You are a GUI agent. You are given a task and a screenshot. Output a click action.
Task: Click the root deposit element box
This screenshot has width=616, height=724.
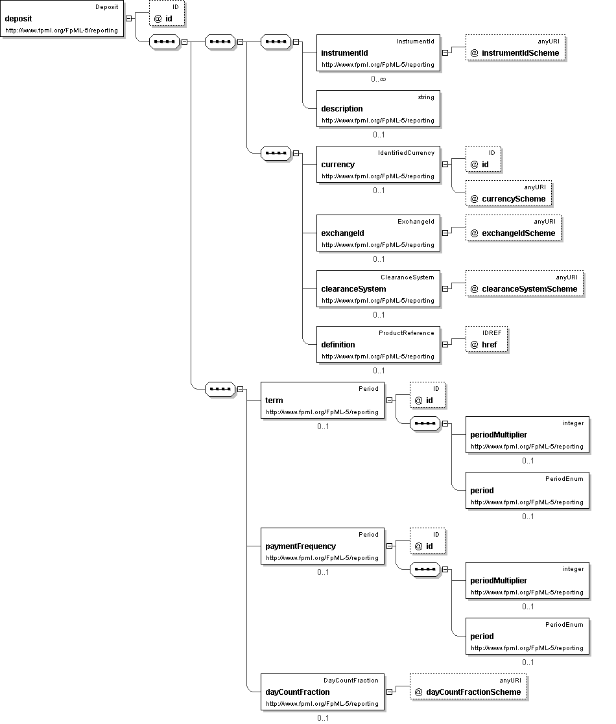click(x=62, y=18)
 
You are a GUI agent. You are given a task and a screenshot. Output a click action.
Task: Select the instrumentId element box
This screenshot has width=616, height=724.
click(x=378, y=53)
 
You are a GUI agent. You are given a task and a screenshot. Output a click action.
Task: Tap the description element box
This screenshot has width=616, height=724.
click(x=378, y=108)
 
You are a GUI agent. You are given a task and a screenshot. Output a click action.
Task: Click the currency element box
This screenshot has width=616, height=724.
click(x=378, y=165)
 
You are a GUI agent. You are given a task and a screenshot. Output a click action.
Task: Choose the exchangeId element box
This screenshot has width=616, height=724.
click(x=378, y=233)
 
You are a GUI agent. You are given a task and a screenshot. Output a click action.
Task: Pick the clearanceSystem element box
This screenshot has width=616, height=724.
click(x=378, y=289)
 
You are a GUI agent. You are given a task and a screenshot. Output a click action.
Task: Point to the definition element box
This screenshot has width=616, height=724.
click(x=378, y=344)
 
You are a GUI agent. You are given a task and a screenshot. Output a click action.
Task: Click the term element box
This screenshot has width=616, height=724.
click(x=322, y=401)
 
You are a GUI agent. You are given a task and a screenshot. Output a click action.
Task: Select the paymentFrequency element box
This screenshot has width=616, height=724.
click(x=322, y=546)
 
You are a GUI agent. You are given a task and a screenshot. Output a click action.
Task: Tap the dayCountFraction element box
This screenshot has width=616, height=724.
click(x=322, y=692)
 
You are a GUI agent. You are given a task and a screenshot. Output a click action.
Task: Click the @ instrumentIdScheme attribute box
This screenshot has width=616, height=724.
click(x=515, y=47)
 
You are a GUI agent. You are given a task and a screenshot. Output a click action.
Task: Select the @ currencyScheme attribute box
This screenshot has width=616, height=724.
click(x=508, y=193)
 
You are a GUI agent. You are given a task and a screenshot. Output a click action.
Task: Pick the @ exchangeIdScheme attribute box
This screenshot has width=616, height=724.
click(x=514, y=228)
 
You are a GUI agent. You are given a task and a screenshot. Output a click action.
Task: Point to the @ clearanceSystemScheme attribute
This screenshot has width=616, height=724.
click(x=525, y=283)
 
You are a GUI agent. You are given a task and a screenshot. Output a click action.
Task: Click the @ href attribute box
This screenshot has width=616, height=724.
click(x=486, y=340)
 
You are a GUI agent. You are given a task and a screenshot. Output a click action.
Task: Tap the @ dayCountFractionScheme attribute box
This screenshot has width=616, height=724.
click(x=468, y=686)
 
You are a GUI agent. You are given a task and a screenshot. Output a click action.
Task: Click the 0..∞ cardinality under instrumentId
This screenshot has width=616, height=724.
click(x=378, y=79)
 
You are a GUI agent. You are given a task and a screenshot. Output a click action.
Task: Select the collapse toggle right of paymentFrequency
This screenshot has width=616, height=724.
click(x=389, y=546)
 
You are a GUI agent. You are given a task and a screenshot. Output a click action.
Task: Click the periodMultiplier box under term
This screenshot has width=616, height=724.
click(x=527, y=435)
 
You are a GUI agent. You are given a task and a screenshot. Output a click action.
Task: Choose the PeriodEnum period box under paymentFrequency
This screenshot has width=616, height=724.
click(x=527, y=636)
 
